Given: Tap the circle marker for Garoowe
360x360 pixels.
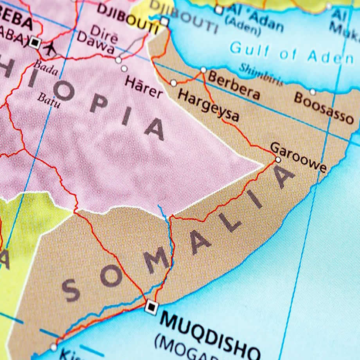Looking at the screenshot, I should pyautogui.click(x=278, y=160).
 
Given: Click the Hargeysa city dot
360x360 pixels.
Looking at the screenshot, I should pyautogui.click(x=173, y=83).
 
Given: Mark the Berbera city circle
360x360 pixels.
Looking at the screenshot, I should pyautogui.click(x=203, y=70).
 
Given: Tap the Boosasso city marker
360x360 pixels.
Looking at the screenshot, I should pyautogui.click(x=313, y=92).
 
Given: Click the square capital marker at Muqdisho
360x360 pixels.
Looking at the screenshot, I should pyautogui.click(x=151, y=307).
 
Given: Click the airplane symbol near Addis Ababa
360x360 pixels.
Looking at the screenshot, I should pyautogui.click(x=50, y=49).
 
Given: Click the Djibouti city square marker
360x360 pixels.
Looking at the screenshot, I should pyautogui.click(x=164, y=22).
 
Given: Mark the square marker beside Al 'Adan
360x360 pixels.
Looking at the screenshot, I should pyautogui.click(x=219, y=10).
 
